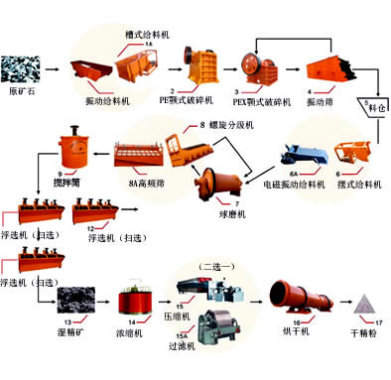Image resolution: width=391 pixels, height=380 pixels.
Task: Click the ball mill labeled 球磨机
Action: click(x=217, y=185)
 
